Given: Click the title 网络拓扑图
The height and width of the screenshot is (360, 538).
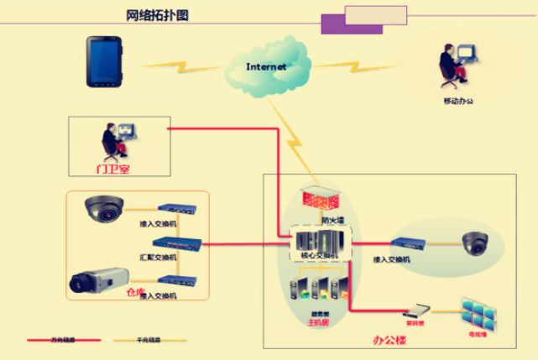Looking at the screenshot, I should (x=157, y=15).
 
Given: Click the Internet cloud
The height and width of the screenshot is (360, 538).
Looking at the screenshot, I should (x=266, y=65).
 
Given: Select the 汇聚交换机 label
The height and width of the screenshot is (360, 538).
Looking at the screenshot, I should (x=158, y=257).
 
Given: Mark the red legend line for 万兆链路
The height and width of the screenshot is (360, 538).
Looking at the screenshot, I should (x=63, y=340).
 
